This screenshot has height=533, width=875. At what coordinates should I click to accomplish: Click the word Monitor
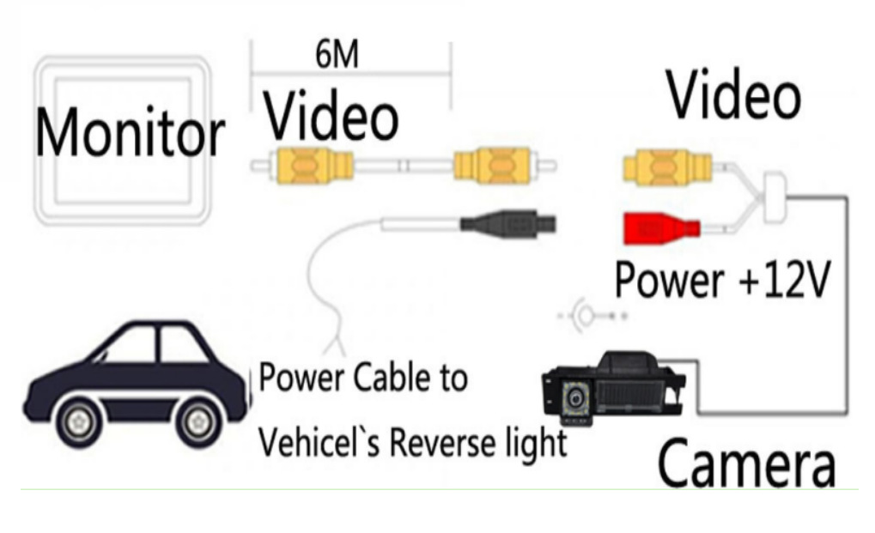[x=130, y=134]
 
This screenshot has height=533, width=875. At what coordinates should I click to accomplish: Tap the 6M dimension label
[x=337, y=56]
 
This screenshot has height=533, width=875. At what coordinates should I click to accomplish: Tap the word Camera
[x=745, y=463]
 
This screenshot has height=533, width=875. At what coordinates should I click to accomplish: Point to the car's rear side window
[x=185, y=346]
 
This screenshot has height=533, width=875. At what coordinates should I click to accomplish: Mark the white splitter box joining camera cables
[x=775, y=188]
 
